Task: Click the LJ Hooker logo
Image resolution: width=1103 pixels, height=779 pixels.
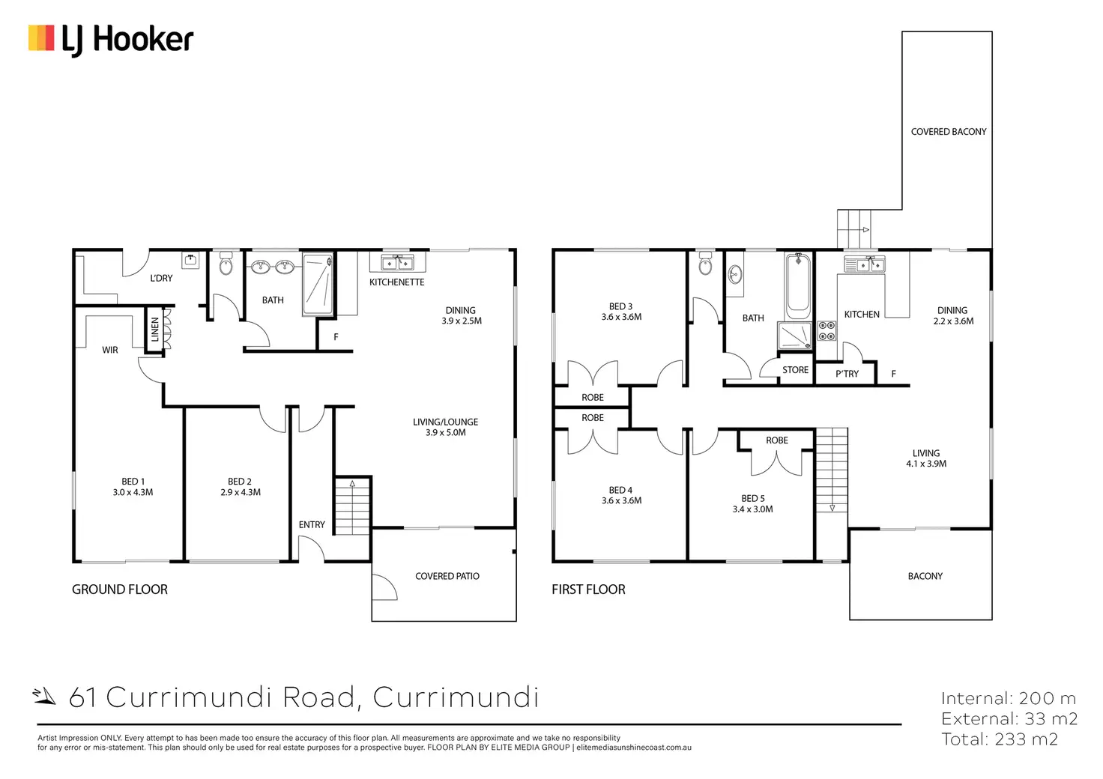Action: click(x=111, y=40)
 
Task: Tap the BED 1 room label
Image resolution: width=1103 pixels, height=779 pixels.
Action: click(x=133, y=482)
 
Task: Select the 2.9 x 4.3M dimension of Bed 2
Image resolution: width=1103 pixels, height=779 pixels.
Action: click(x=241, y=492)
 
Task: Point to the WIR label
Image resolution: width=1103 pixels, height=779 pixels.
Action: click(x=110, y=350)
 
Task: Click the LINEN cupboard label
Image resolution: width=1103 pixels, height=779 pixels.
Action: click(x=154, y=330)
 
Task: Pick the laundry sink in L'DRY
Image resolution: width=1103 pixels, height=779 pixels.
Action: click(x=190, y=261)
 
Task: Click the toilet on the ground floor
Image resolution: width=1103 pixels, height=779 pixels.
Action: click(x=226, y=263)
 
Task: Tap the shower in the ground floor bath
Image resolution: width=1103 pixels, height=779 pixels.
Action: click(x=318, y=285)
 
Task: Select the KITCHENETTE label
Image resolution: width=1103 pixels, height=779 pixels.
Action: click(x=397, y=282)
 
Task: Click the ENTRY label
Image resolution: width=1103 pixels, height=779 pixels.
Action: click(x=312, y=524)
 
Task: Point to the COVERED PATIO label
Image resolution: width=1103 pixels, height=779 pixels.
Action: click(x=447, y=576)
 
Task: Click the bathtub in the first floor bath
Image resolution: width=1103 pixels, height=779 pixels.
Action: click(x=798, y=286)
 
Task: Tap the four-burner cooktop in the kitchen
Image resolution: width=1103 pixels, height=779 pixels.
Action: click(x=827, y=330)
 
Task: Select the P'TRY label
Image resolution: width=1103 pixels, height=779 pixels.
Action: click(x=847, y=374)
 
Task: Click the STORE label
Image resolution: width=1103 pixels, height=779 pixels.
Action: click(x=795, y=369)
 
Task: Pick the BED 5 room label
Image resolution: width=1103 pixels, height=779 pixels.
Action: click(x=753, y=499)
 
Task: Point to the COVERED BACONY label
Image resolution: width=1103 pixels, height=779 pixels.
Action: click(x=949, y=131)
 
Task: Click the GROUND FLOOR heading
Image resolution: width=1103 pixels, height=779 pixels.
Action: click(x=120, y=589)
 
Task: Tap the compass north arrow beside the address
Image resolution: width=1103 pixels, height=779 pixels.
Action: click(x=43, y=696)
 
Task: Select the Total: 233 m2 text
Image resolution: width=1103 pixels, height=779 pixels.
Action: click(x=1000, y=739)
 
